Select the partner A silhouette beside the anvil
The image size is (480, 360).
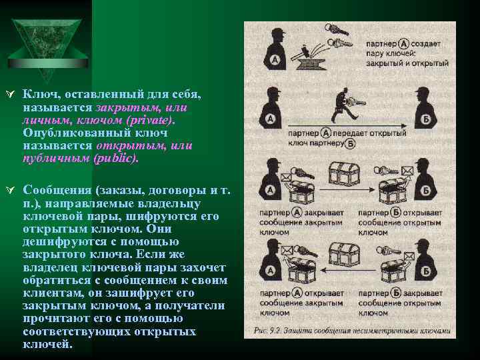click(273, 50)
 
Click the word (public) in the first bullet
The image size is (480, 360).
click(115, 159)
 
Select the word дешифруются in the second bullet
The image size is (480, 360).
click(54, 241)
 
